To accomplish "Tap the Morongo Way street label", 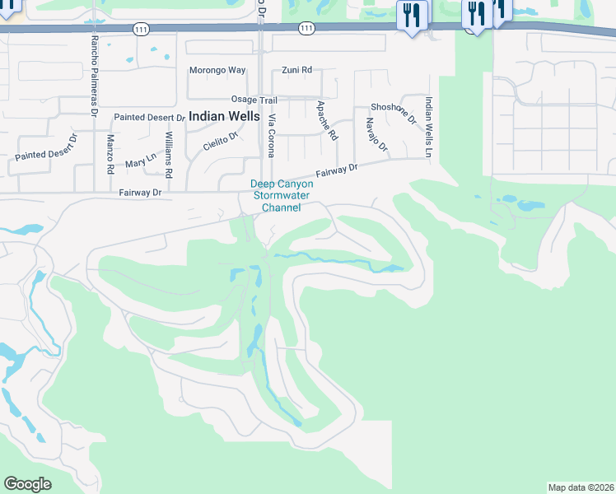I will click(x=217, y=70).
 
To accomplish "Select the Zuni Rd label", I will click(x=296, y=70).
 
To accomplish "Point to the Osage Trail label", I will click(x=254, y=100).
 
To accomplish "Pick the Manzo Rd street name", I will click(x=110, y=154).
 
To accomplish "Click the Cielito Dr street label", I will click(x=219, y=141).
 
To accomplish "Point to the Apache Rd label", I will click(x=327, y=120).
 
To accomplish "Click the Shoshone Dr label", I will click(x=394, y=113).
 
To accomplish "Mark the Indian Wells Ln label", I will click(x=429, y=126).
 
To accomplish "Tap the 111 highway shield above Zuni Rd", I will click(x=306, y=28).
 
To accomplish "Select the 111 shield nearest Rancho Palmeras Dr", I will click(x=140, y=28).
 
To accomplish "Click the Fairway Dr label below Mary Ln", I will click(x=139, y=193).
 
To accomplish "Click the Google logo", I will click(x=28, y=484).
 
